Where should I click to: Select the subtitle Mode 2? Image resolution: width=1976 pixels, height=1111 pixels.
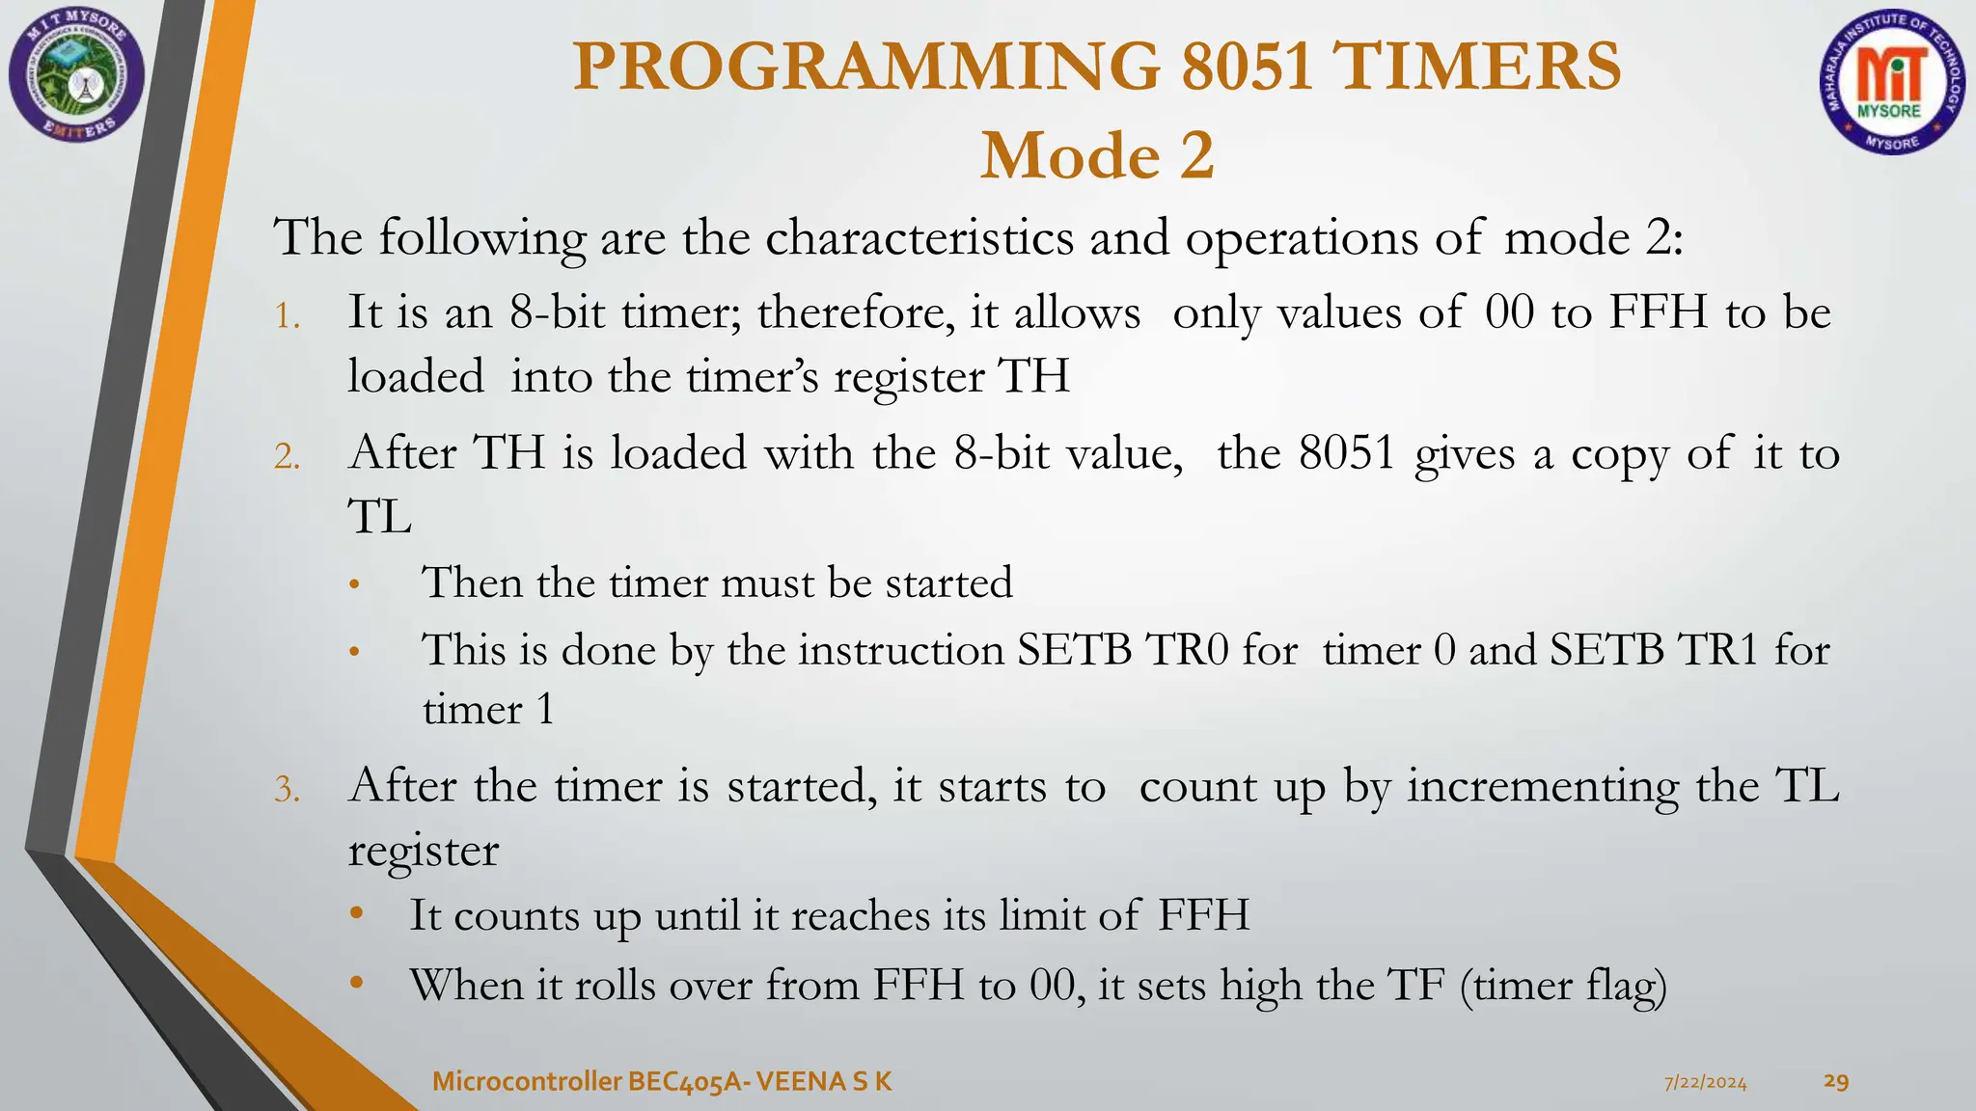point(1097,156)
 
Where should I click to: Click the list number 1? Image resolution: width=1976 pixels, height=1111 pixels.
point(288,316)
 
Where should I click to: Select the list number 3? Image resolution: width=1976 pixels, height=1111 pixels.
point(288,790)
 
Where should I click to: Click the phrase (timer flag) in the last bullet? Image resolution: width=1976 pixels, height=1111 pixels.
point(1563,986)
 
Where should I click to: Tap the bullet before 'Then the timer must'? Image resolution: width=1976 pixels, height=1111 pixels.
point(355,584)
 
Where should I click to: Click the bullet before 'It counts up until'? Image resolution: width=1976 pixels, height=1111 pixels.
point(357,913)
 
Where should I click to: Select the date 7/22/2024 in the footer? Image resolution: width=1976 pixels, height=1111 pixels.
point(1705,1083)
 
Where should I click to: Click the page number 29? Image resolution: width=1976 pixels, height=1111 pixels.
point(1836,1081)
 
